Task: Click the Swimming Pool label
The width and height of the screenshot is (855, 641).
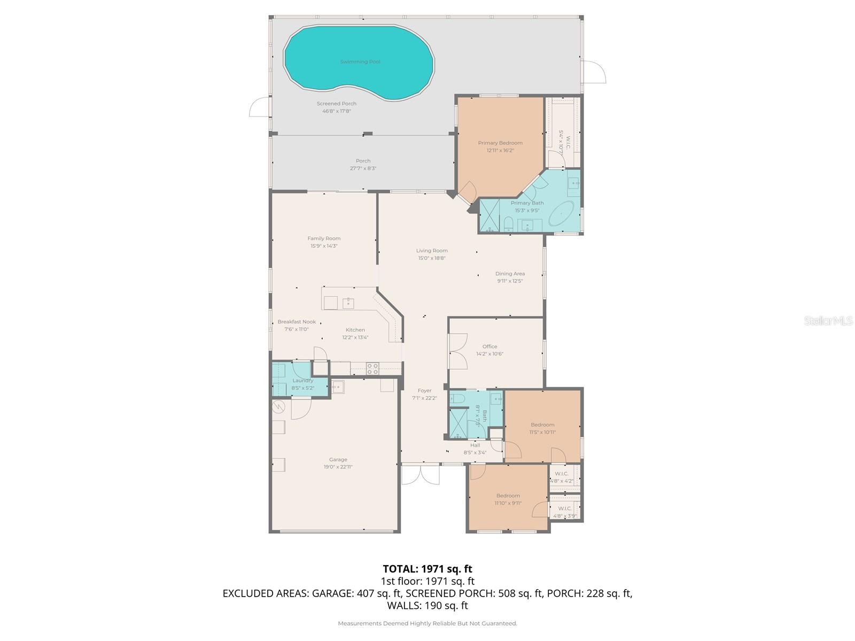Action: [x=360, y=62]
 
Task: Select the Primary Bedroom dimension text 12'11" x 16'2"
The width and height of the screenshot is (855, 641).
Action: [x=500, y=151]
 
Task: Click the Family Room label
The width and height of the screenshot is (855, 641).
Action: [x=324, y=239]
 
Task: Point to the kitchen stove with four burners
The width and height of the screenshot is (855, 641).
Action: [x=372, y=368]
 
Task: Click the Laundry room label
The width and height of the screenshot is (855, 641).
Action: [x=303, y=381]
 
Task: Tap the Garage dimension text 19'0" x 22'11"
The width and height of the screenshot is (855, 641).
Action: [x=338, y=467]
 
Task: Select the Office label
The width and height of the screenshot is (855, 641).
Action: [x=489, y=347]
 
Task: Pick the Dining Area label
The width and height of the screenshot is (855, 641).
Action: [x=510, y=273]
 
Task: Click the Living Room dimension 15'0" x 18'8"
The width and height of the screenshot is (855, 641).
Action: [x=432, y=258]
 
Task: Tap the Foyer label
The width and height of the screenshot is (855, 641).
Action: [x=424, y=391]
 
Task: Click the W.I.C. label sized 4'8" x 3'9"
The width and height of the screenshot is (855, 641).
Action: [x=565, y=509]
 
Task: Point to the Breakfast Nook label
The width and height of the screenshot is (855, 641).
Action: [x=297, y=322]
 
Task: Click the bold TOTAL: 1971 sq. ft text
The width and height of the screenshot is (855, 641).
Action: [x=428, y=569]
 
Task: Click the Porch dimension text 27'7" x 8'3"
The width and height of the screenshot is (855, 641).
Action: [x=363, y=168]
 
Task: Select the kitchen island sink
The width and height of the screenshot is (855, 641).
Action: [x=348, y=303]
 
